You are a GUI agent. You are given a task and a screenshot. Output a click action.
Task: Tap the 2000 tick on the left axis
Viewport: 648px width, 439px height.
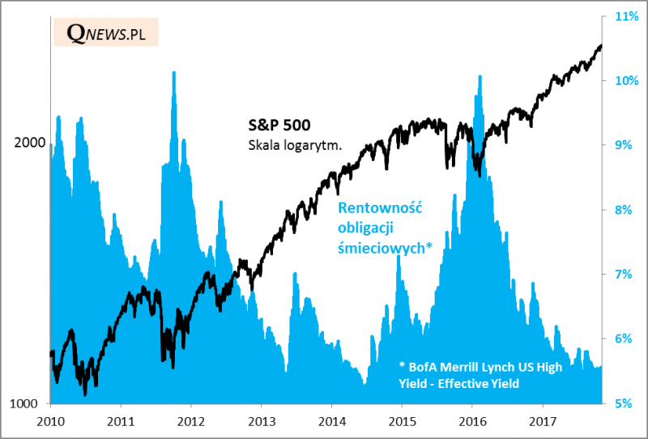(x=30, y=143)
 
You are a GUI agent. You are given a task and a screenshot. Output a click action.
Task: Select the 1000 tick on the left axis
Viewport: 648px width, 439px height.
(x=30, y=403)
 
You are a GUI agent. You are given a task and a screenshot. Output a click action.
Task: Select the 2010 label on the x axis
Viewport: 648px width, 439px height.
(x=51, y=421)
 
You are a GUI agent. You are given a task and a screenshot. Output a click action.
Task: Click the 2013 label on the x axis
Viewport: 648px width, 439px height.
(x=261, y=421)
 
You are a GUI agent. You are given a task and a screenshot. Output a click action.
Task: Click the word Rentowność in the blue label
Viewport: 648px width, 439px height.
(x=381, y=208)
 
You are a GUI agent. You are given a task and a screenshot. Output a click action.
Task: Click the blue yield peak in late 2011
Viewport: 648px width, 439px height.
(x=173, y=75)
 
